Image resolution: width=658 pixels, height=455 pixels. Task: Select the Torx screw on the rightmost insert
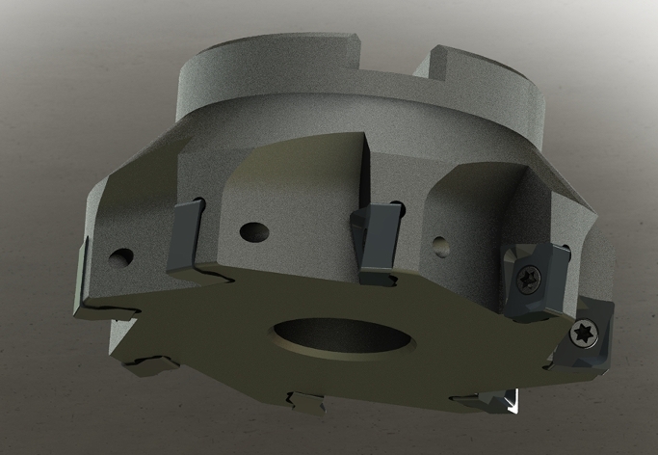tap(584, 334)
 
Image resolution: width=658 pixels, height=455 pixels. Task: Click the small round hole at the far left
tap(121, 258)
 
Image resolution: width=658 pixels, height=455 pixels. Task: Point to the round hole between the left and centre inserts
tap(252, 232)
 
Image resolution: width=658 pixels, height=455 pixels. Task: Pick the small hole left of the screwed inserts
tap(438, 245)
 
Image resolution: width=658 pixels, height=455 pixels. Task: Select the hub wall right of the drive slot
tap(501, 92)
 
